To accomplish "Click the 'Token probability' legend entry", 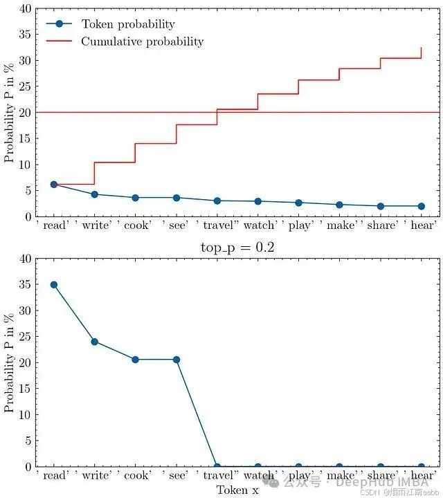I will pyautogui.click(x=128, y=24).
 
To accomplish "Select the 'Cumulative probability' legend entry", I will pyautogui.click(x=142, y=41).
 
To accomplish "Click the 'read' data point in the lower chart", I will pyautogui.click(x=53, y=285).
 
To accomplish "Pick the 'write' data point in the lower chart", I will pyautogui.click(x=94, y=342).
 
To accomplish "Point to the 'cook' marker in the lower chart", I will pyautogui.click(x=135, y=360).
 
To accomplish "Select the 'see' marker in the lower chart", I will pyautogui.click(x=177, y=360).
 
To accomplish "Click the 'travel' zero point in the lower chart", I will pyautogui.click(x=217, y=467).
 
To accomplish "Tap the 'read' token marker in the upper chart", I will pyautogui.click(x=53, y=185).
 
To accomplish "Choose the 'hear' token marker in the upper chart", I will pyautogui.click(x=421, y=206).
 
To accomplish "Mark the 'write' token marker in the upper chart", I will pyautogui.click(x=94, y=194).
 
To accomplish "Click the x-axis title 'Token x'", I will pyautogui.click(x=238, y=490).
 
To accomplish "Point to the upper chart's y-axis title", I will pyautogui.click(x=9, y=113).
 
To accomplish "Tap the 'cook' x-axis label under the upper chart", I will pyautogui.click(x=136, y=225).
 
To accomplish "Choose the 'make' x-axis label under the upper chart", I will pyautogui.click(x=340, y=225).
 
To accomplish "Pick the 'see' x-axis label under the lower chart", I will pyautogui.click(x=177, y=476).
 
